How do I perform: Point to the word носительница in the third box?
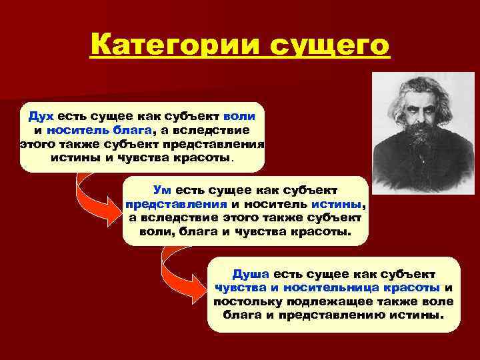(331, 288)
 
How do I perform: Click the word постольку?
(245, 302)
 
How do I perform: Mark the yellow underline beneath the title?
(239, 62)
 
